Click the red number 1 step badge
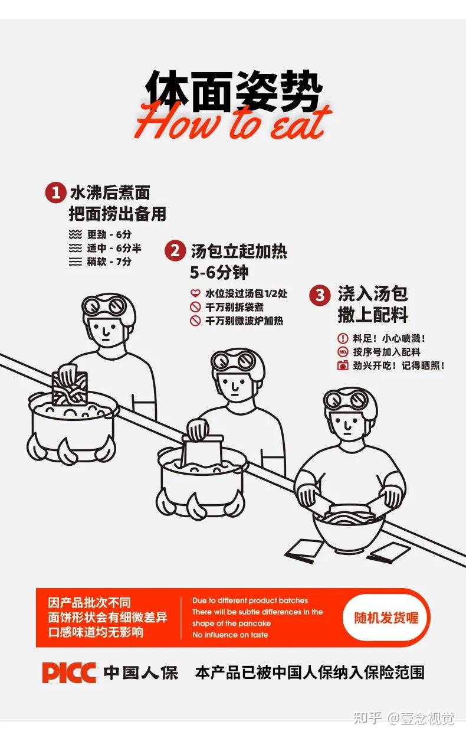(54, 192)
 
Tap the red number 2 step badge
(175, 251)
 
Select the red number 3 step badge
(320, 295)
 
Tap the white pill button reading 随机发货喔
(386, 618)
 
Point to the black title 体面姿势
(233, 90)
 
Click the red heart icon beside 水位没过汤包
(195, 293)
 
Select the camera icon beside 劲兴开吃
(343, 365)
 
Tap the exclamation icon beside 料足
(343, 338)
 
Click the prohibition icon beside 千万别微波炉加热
(195, 321)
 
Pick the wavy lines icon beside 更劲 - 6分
(76, 234)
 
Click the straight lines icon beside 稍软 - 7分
(76, 262)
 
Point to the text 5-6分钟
(219, 272)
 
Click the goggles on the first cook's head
(104, 306)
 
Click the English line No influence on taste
(230, 635)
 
